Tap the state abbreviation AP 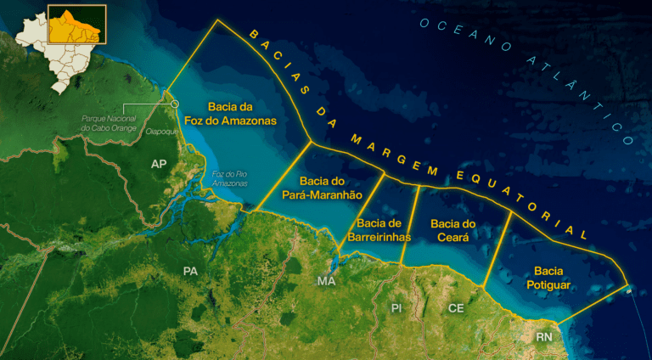[159, 163]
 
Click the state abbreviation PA [190, 271]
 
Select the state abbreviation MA [326, 281]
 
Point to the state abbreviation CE [456, 307]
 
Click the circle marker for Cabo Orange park [176, 104]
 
